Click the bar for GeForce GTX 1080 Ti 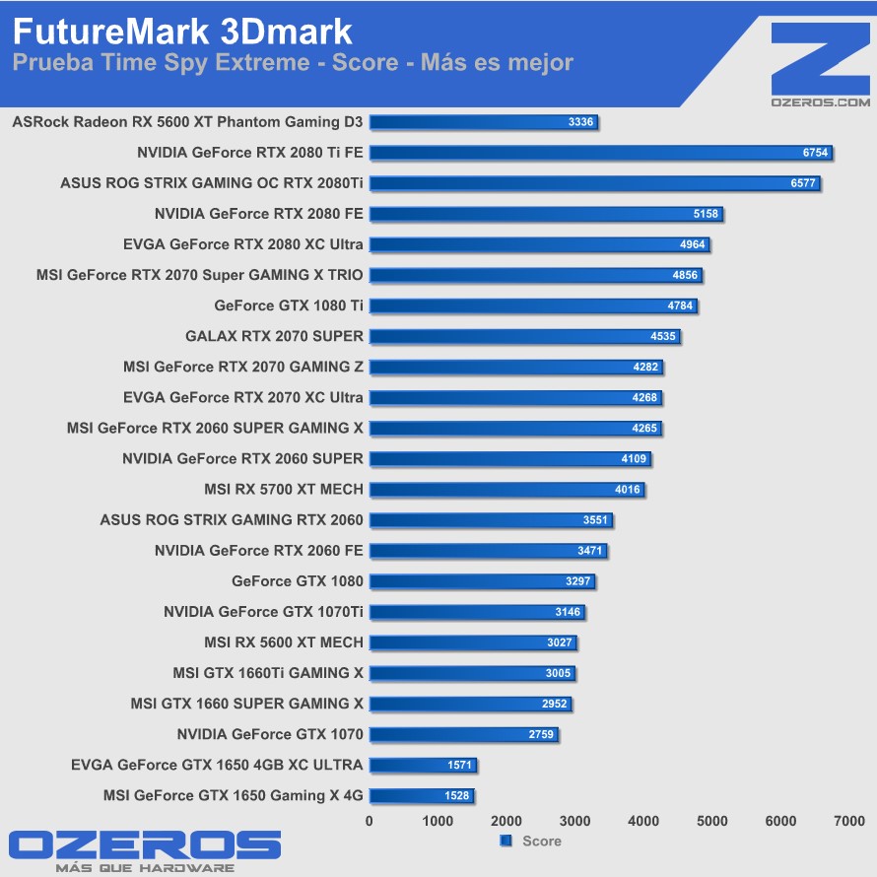(532, 305)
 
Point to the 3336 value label (581, 122)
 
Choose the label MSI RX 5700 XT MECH (284, 489)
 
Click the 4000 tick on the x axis (643, 821)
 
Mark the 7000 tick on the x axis (849, 821)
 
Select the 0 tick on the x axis (370, 821)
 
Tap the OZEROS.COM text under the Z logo (821, 101)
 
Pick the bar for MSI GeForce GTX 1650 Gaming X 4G (421, 795)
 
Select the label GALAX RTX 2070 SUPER (274, 336)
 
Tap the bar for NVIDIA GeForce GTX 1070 (463, 734)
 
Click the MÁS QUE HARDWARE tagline (145, 868)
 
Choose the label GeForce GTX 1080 (298, 580)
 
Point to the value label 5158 (707, 214)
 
